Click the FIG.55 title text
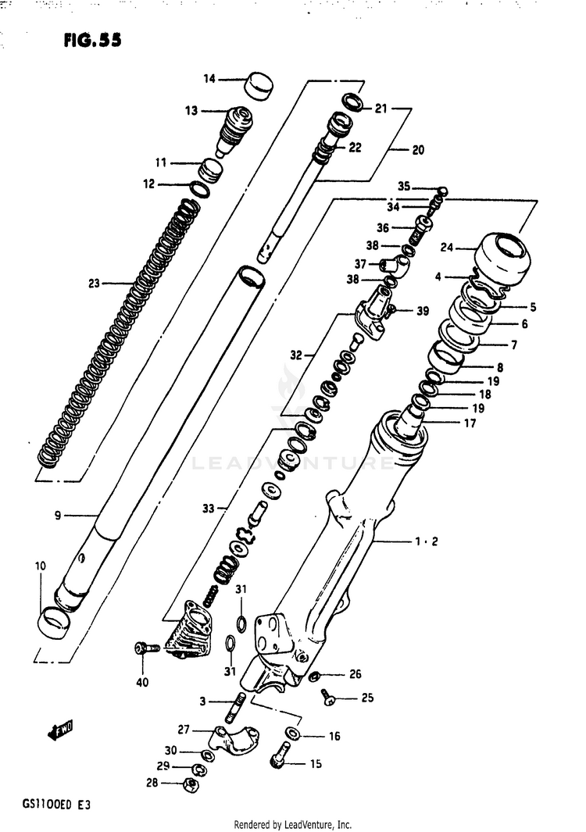click(93, 40)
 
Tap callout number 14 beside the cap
click(209, 78)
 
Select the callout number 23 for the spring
click(95, 284)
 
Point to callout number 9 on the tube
click(58, 515)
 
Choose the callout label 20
click(418, 150)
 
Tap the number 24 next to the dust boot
click(446, 249)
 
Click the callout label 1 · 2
click(424, 541)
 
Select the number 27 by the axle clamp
click(184, 730)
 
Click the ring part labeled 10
click(53, 621)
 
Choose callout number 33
click(208, 509)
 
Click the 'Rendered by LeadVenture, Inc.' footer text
click(293, 825)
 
